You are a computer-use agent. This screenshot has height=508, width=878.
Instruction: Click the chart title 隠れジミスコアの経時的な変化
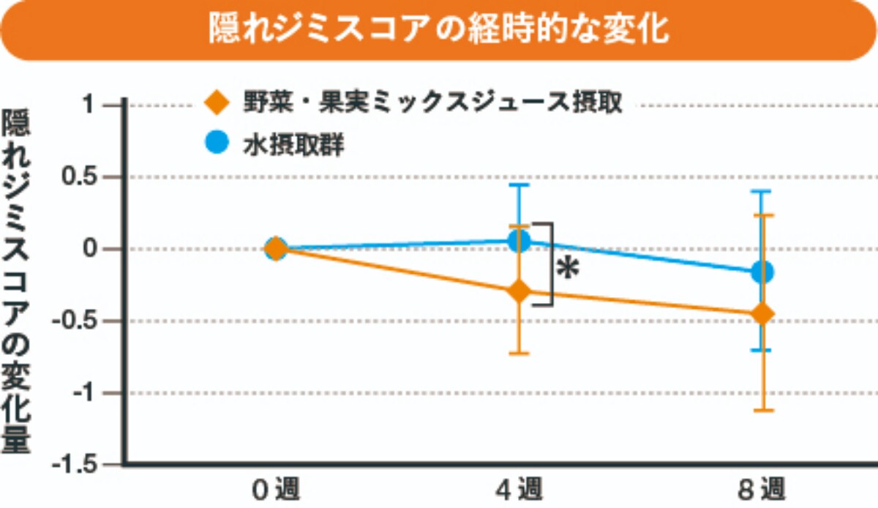(x=439, y=30)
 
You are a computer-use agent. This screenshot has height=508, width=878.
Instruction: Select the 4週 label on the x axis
(x=519, y=488)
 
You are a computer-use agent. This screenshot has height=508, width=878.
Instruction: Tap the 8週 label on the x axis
(x=762, y=488)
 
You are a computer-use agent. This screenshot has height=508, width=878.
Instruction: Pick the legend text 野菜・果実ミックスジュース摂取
(x=432, y=103)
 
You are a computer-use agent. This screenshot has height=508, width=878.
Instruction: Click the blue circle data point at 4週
(x=519, y=241)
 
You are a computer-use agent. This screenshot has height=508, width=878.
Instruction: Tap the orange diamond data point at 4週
(x=519, y=291)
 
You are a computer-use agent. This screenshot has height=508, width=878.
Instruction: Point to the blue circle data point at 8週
(x=762, y=272)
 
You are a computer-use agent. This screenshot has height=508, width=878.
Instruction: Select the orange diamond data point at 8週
(x=762, y=314)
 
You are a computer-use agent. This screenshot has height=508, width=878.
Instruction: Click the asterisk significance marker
(x=568, y=269)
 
